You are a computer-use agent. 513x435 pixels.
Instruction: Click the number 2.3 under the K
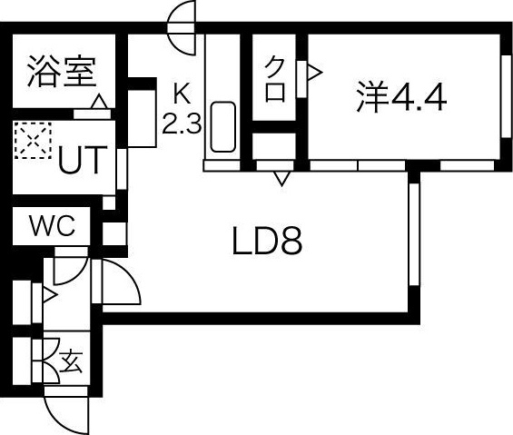(x=181, y=124)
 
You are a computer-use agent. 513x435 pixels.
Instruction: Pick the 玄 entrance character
(x=70, y=362)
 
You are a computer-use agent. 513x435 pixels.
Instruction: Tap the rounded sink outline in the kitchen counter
(x=222, y=127)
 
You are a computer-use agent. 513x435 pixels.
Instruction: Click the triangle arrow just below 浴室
(x=97, y=100)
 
